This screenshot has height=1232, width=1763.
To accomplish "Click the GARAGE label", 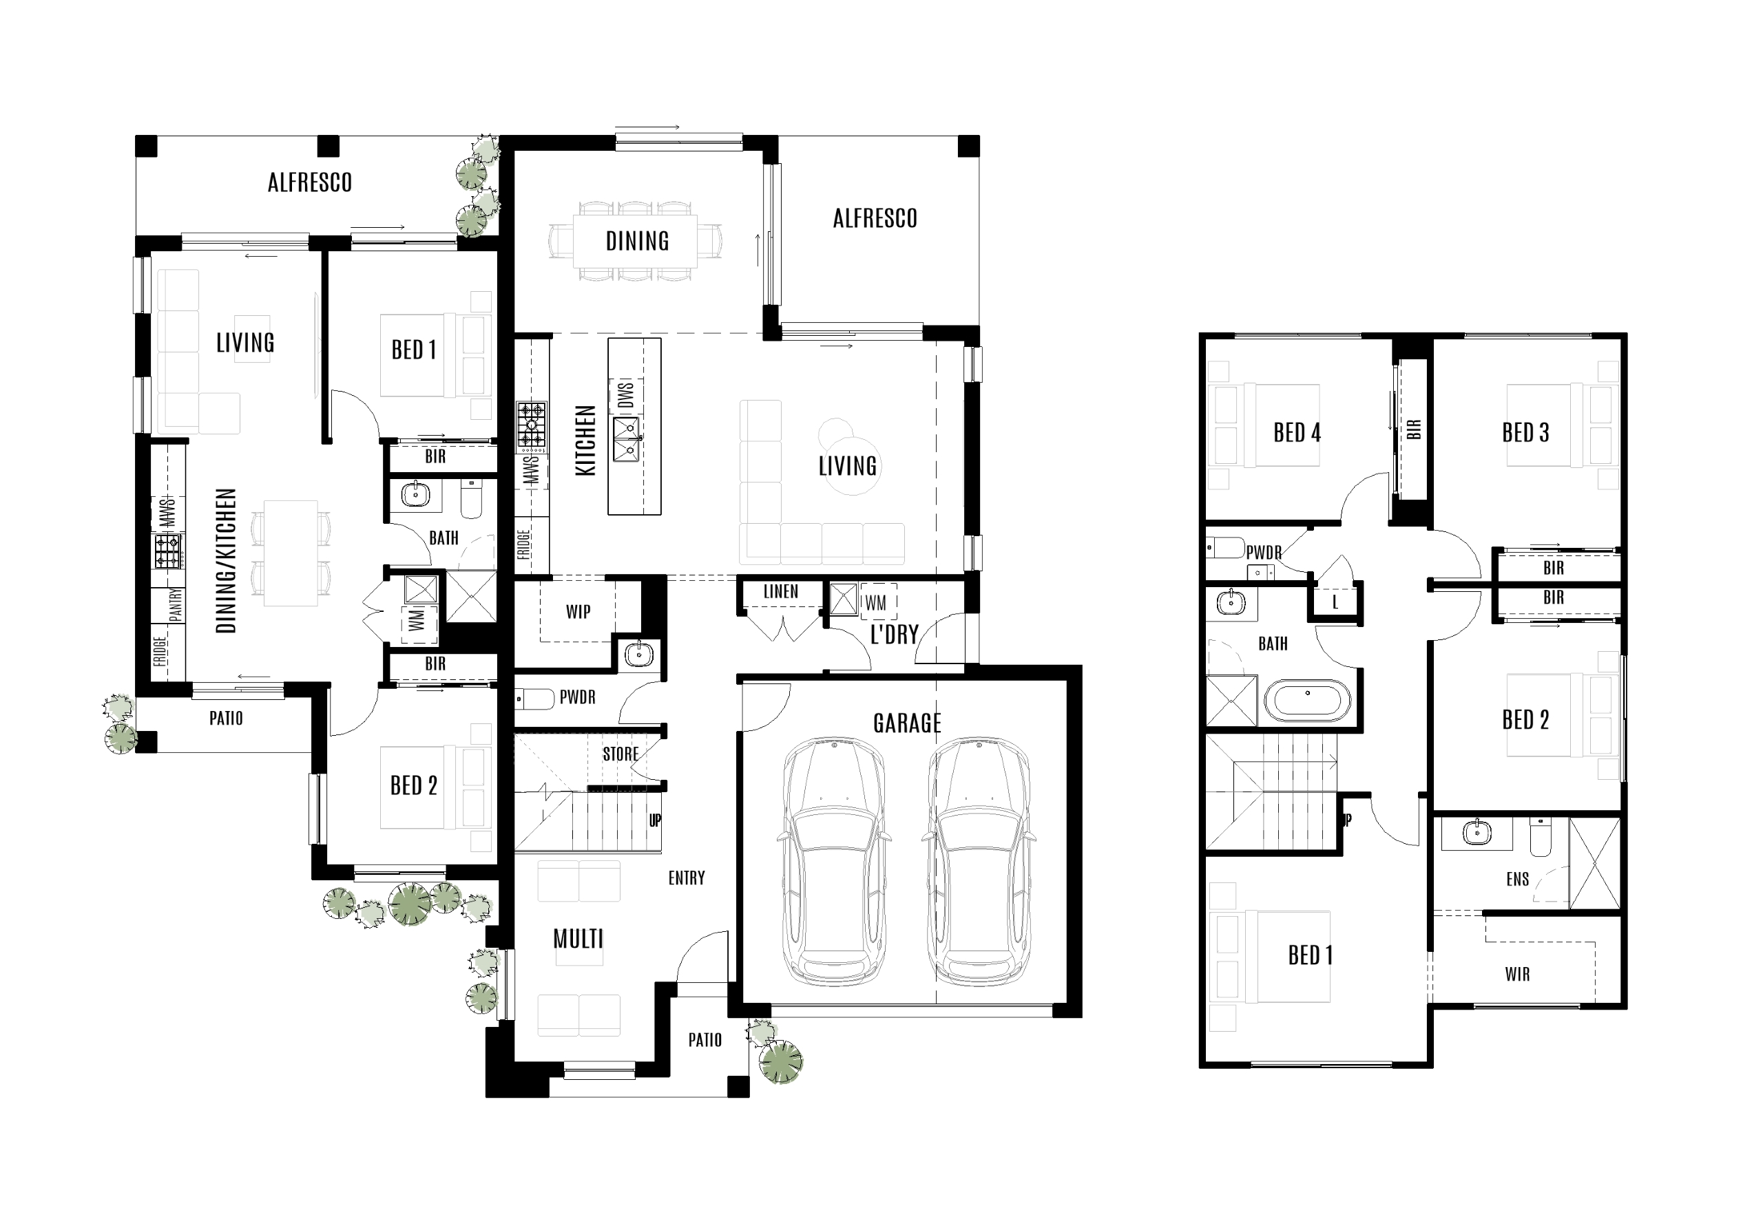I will [906, 723].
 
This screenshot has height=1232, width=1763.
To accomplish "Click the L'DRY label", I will [894, 635].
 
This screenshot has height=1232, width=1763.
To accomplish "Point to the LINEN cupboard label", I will [780, 592].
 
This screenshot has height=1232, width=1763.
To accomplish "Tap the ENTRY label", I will [686, 878].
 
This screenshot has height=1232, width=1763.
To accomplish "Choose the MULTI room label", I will [578, 939].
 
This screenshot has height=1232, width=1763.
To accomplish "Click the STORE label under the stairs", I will [620, 754].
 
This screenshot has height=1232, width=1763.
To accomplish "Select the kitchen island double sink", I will [626, 439].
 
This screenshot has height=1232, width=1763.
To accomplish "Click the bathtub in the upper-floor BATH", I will [1307, 700].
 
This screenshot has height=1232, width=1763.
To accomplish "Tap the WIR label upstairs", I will [1516, 974].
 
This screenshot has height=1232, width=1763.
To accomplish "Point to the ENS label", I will [1517, 880].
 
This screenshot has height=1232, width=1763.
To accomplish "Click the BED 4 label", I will [1297, 433].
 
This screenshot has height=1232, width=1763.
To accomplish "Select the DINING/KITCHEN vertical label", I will [226, 560].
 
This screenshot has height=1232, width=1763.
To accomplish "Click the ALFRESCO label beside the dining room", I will [875, 219].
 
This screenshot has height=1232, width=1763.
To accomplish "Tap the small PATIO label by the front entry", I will [704, 1040].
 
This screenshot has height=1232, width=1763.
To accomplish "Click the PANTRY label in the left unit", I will [176, 605].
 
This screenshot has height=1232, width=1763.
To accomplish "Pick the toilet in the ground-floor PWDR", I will [535, 699].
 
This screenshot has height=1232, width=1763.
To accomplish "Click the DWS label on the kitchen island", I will [626, 395].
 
